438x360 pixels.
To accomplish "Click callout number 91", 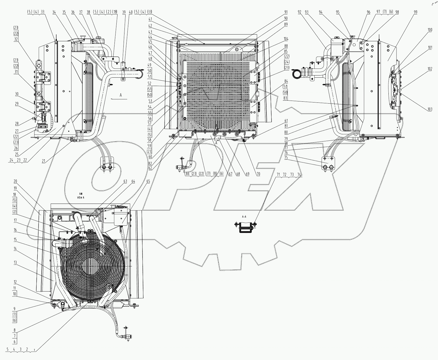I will point(286,12).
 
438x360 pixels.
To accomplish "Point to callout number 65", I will point(148,182).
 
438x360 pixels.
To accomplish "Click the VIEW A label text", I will point(81,197).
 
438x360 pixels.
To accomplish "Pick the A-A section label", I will point(244,216).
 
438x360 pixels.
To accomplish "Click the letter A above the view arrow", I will point(121,95).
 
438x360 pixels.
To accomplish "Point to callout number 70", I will point(259,174).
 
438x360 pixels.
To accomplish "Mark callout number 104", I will point(286,39).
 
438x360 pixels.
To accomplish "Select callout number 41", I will point(150,19).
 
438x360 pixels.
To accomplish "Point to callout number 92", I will point(300,12).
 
